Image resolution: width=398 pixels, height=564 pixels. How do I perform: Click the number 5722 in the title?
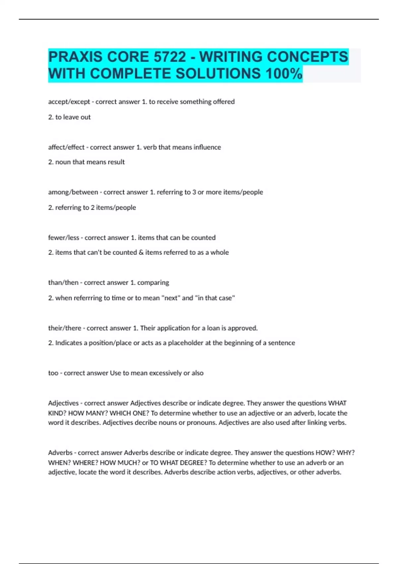click(x=169, y=57)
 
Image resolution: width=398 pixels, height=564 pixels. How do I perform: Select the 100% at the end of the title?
click(x=284, y=73)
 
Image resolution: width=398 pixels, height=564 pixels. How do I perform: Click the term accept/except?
click(x=69, y=102)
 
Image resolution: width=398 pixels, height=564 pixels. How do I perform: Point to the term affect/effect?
click(x=66, y=147)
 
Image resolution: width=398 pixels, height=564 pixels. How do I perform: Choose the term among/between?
click(x=73, y=192)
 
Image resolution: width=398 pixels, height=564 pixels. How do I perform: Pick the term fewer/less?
click(x=64, y=238)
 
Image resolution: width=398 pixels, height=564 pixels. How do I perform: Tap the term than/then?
click(x=63, y=283)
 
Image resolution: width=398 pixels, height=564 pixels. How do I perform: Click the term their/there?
click(x=65, y=328)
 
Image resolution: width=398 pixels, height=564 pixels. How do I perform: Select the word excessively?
click(x=165, y=373)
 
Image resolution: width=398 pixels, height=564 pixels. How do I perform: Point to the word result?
click(x=116, y=162)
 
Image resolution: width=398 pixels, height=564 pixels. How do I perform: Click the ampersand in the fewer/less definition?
click(x=141, y=252)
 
